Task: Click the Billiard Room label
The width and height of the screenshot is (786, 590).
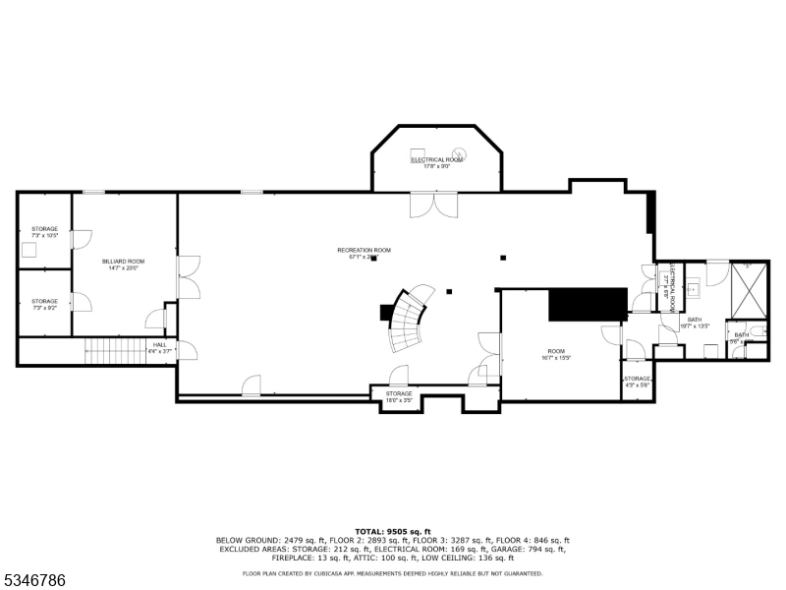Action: [x=123, y=261]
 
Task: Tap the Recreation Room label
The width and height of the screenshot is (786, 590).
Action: [x=364, y=251]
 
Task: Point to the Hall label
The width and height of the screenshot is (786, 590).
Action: [x=159, y=344]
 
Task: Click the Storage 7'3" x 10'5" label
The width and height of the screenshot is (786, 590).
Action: [x=44, y=229]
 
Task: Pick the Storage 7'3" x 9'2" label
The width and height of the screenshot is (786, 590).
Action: [x=44, y=302]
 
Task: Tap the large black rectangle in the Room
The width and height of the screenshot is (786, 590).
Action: [x=588, y=304]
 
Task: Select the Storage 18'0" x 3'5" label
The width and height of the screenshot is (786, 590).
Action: [x=399, y=394]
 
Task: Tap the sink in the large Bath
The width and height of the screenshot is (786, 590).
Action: [x=692, y=289]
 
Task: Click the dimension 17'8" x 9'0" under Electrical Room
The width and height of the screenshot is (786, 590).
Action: [x=436, y=166]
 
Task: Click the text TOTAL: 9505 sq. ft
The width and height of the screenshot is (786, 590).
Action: [x=392, y=531]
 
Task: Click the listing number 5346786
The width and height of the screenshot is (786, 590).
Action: [x=34, y=581]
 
